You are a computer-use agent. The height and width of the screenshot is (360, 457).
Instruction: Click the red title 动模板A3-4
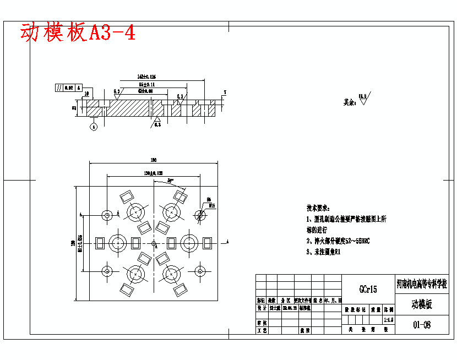click(x=78, y=33)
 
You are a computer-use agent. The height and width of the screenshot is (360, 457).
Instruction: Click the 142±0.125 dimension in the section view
click(x=146, y=77)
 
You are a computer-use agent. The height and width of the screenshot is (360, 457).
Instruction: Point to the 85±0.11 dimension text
click(x=146, y=84)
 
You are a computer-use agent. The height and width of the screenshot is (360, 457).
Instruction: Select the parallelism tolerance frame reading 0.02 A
click(x=68, y=88)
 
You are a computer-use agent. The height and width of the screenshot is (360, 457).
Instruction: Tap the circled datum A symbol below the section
click(x=94, y=127)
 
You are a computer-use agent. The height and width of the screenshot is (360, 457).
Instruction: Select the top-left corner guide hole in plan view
click(x=106, y=215)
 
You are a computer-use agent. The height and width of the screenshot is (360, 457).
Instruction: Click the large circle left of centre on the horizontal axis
click(x=118, y=242)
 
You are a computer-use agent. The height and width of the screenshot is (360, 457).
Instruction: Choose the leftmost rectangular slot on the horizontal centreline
click(x=101, y=242)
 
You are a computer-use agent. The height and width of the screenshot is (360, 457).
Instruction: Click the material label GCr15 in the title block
click(x=368, y=289)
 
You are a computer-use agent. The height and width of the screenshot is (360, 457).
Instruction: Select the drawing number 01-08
click(x=422, y=324)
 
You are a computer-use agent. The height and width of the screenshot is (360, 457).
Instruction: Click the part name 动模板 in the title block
click(x=422, y=304)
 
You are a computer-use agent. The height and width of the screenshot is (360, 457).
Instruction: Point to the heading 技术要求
click(x=318, y=208)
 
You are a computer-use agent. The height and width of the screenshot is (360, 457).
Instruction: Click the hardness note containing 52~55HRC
click(x=338, y=241)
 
